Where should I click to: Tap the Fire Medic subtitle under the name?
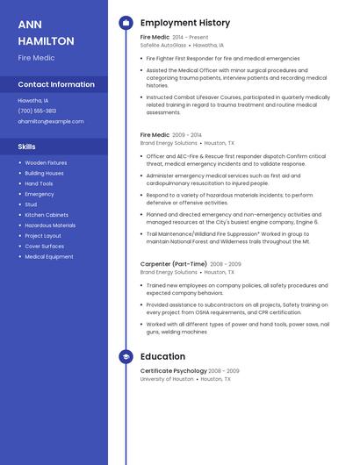pyautogui.click(x=36, y=58)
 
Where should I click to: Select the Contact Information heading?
pyautogui.click(x=56, y=84)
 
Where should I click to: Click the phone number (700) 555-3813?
pyautogui.click(x=37, y=111)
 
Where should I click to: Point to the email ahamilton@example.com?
pyautogui.click(x=51, y=121)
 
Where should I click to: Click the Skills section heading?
pyautogui.click(x=27, y=146)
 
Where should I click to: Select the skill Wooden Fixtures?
pyautogui.click(x=46, y=162)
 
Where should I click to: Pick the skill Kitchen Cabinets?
pyautogui.click(x=47, y=215)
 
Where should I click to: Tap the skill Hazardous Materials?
pyautogui.click(x=50, y=225)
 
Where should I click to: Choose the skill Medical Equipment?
pyautogui.click(x=49, y=257)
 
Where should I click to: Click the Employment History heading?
pyautogui.click(x=185, y=23)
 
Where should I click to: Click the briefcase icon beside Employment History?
pyautogui.click(x=126, y=23)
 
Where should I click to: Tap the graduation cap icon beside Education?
pyautogui.click(x=126, y=357)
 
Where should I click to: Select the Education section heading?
pyautogui.click(x=162, y=357)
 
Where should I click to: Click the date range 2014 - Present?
pyautogui.click(x=191, y=38)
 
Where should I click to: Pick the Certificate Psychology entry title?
pyautogui.click(x=174, y=371)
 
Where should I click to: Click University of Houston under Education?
pyautogui.click(x=167, y=379)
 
